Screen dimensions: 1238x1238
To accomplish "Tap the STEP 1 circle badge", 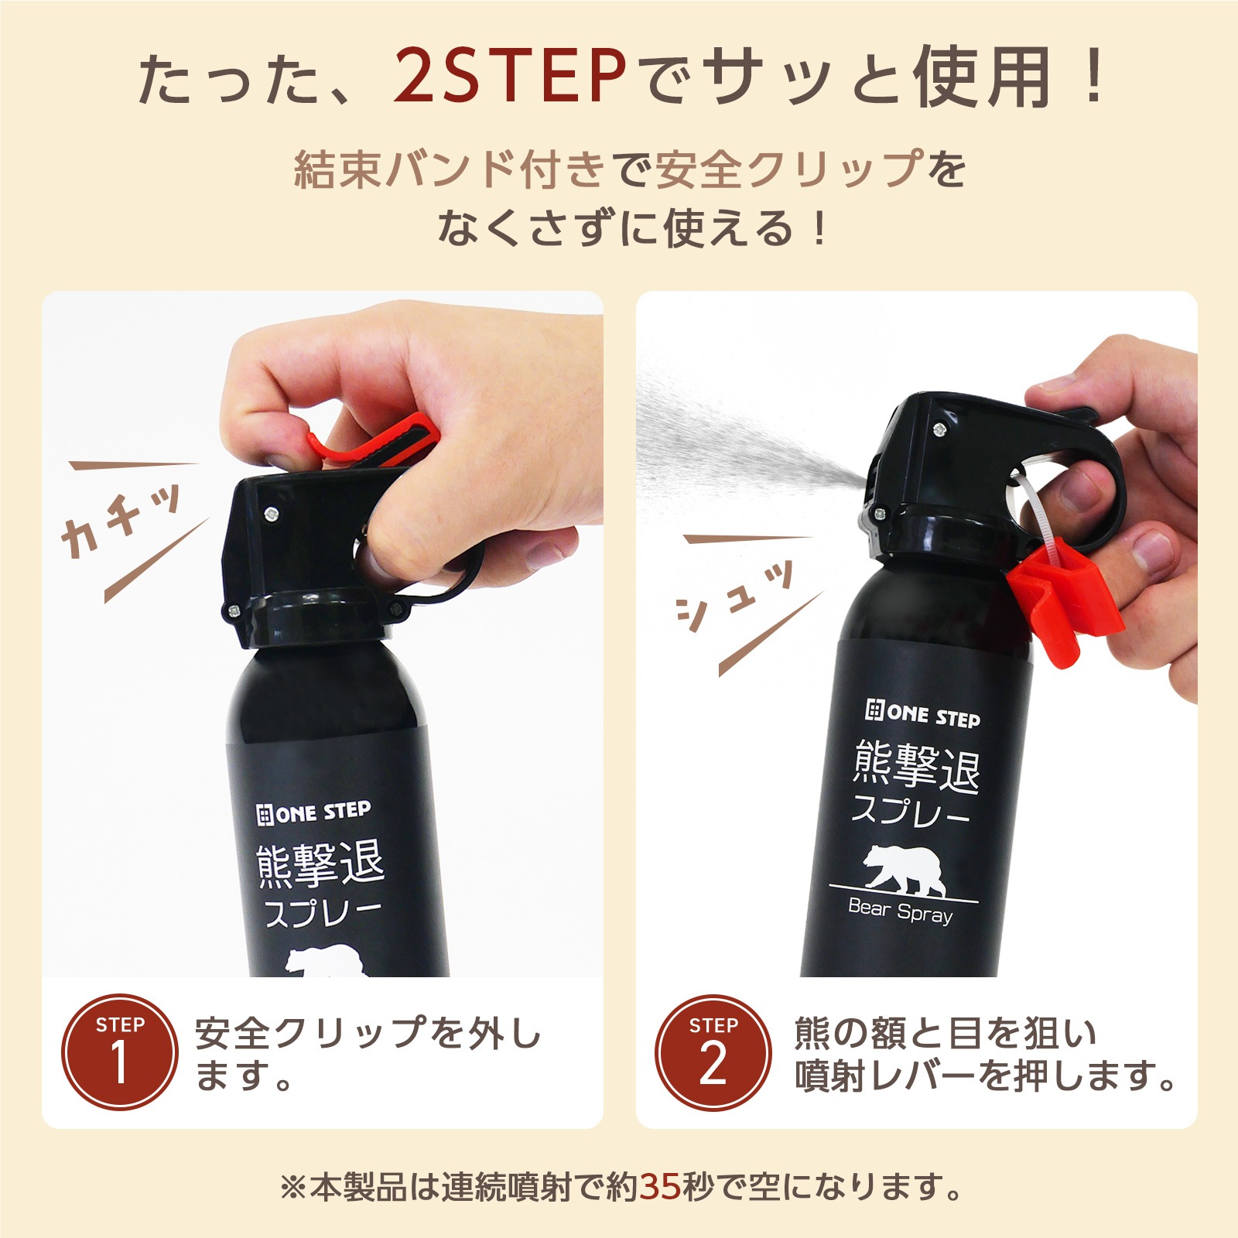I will (120, 1052).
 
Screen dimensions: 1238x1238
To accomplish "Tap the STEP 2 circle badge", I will (713, 1052).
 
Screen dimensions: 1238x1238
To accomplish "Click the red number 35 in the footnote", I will (660, 1186).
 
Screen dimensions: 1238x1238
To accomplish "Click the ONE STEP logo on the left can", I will (313, 812).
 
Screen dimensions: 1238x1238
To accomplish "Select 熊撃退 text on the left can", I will (320, 864).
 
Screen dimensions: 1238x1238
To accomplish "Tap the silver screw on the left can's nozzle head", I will (272, 511).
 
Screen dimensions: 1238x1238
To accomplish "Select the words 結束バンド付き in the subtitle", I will (449, 169).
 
